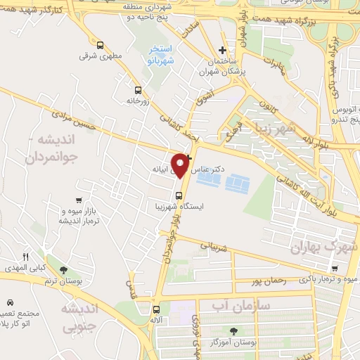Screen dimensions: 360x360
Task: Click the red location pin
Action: coord(181,164)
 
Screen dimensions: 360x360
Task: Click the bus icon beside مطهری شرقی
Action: coord(99,44)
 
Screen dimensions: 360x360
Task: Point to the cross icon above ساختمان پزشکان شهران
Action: coord(223,50)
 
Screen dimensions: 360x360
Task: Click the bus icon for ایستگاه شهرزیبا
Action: coord(179,195)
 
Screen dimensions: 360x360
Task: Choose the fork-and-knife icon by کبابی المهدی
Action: coord(26,257)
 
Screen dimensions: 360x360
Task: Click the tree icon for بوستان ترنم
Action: coord(64,270)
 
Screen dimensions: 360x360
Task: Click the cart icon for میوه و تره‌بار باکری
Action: coord(335,268)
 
